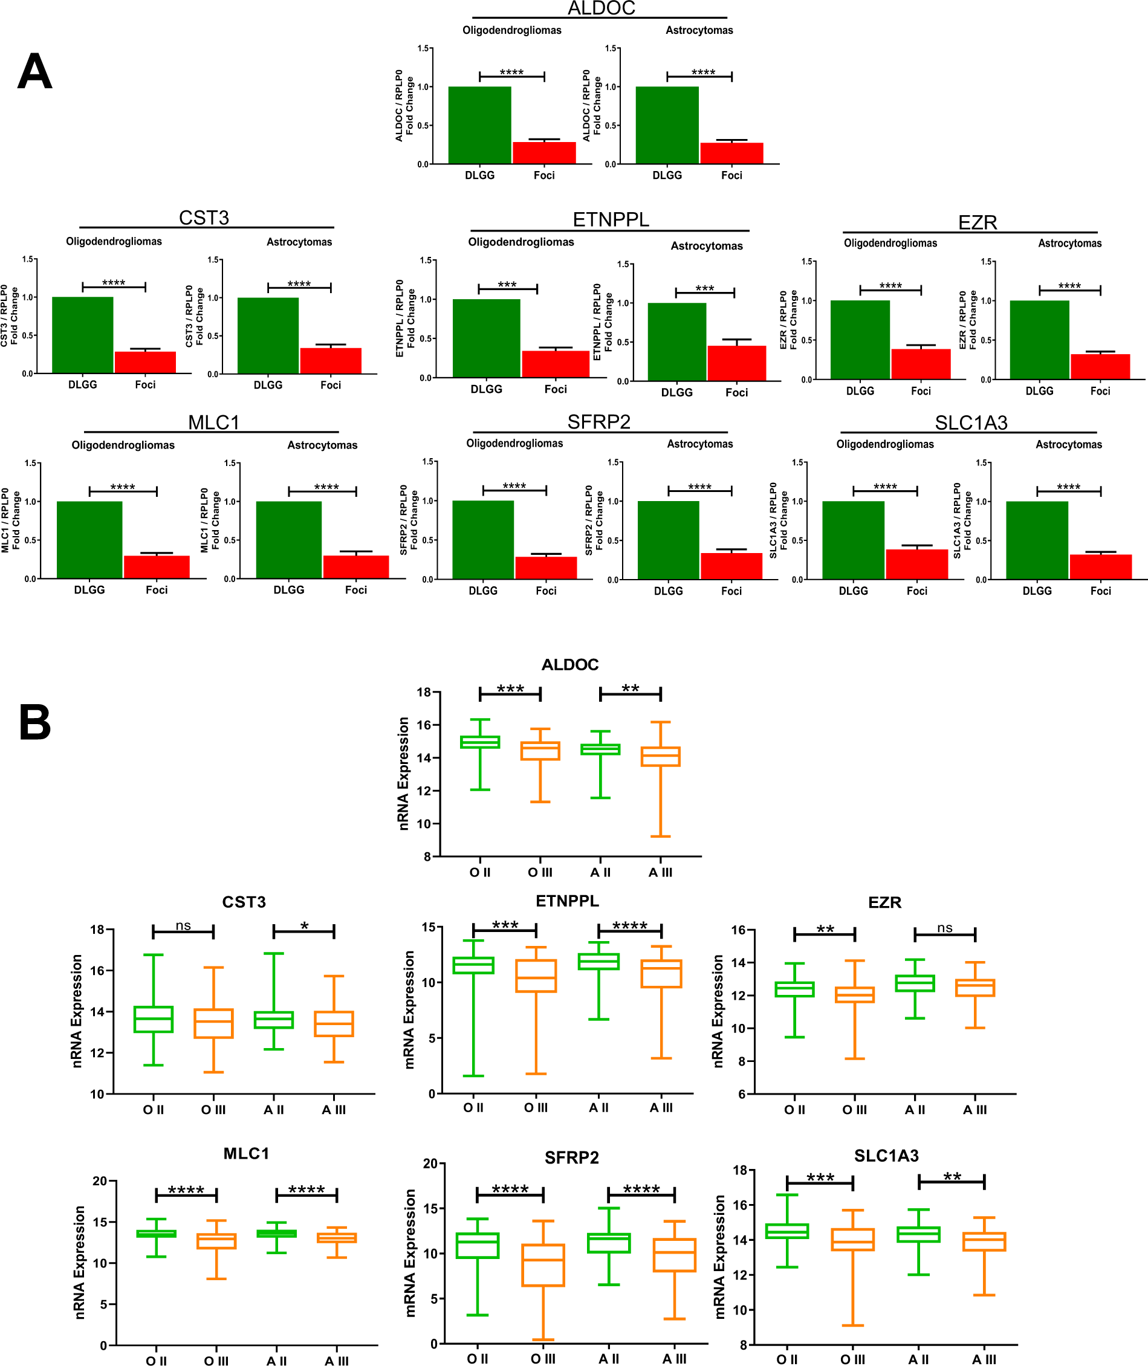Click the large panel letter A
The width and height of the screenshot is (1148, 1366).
[34, 71]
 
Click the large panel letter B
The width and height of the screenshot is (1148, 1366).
[34, 722]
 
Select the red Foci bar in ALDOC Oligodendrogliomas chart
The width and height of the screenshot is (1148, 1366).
[544, 153]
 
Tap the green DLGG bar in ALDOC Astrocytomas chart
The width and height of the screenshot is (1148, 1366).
[667, 125]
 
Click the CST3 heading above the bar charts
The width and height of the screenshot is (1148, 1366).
[204, 218]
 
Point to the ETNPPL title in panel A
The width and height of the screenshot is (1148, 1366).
[611, 219]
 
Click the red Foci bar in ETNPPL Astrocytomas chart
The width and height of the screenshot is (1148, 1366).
[737, 363]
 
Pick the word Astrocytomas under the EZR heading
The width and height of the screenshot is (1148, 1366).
[1069, 244]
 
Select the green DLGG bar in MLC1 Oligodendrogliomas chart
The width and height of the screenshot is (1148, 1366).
[89, 540]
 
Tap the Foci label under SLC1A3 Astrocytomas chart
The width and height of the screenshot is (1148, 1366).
[1100, 591]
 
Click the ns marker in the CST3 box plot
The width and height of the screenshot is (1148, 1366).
[183, 925]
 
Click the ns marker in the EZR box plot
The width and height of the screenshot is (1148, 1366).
[944, 927]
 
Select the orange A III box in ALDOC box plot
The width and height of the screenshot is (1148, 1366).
[660, 756]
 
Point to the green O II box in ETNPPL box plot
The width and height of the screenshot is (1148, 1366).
[473, 965]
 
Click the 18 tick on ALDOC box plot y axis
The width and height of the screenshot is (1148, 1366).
[424, 692]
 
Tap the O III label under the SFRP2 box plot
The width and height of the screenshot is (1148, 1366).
[542, 1359]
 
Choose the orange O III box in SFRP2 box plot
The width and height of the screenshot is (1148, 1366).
[543, 1265]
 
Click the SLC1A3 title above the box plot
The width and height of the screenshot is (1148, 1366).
[886, 1156]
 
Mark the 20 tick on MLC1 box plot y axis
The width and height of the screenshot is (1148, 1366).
[100, 1180]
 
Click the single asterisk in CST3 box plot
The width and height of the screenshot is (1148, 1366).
[304, 927]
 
